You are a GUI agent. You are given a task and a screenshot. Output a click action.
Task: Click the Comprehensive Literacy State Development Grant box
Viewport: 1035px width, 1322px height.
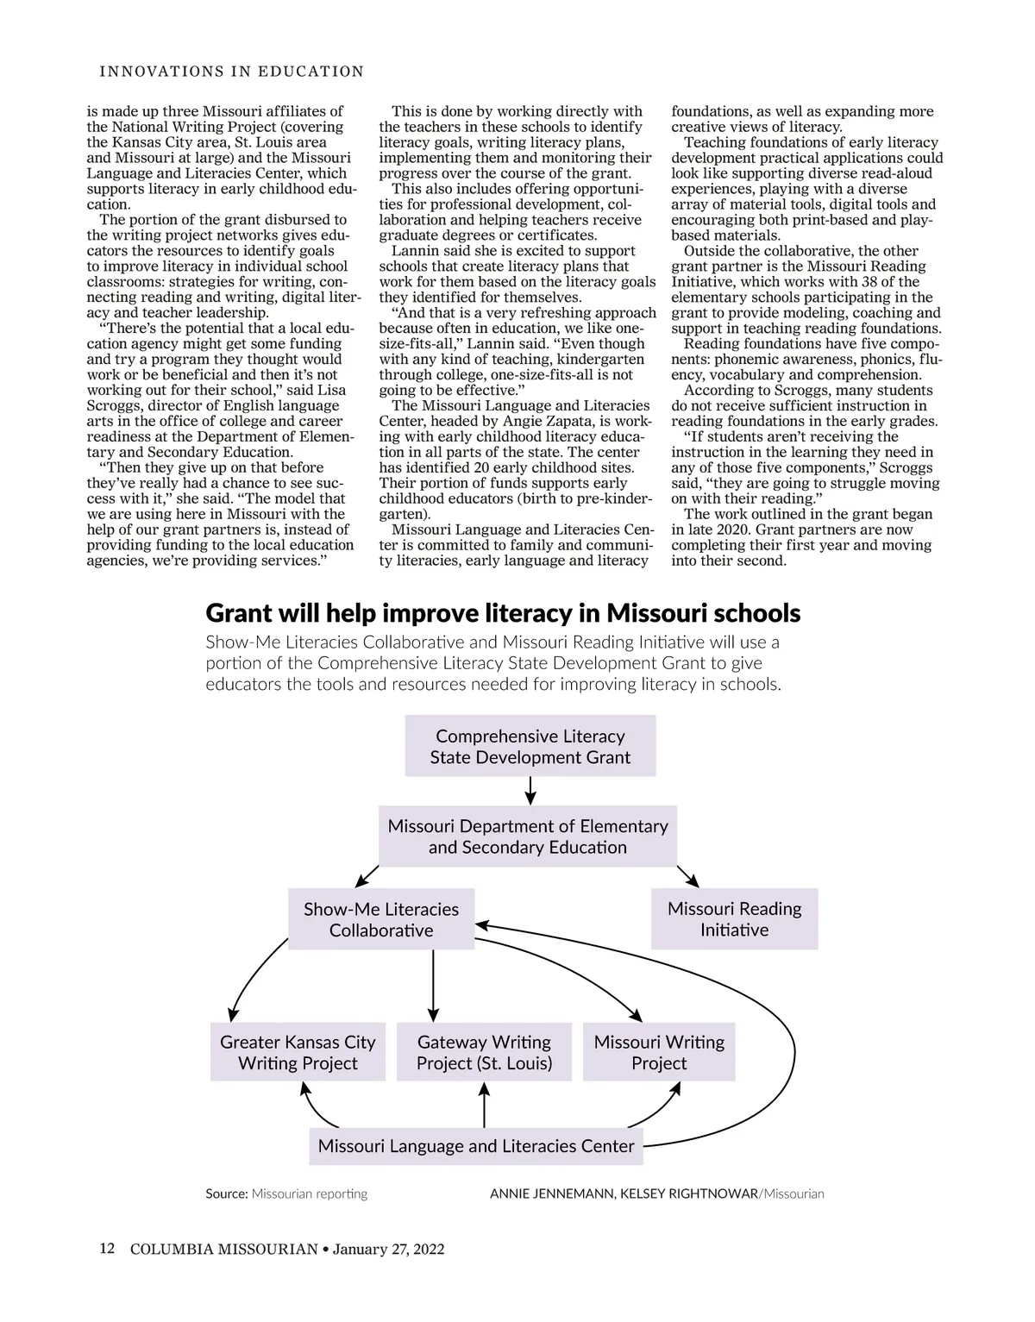(530, 747)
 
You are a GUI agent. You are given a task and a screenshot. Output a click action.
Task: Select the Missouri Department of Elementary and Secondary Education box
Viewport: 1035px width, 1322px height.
(528, 836)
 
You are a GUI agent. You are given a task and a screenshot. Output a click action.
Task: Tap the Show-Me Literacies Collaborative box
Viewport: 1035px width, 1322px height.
(380, 919)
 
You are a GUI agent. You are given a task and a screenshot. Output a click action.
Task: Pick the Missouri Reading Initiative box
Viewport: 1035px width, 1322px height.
(734, 919)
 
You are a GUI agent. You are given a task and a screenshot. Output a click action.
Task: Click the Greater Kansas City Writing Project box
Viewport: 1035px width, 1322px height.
(298, 1052)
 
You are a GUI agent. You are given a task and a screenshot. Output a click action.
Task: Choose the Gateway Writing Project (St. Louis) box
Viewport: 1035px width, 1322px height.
(484, 1052)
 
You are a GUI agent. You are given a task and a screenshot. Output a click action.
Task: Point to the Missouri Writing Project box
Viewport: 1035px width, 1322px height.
(659, 1052)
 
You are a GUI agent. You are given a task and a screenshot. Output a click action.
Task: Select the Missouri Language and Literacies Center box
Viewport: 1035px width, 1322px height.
(476, 1146)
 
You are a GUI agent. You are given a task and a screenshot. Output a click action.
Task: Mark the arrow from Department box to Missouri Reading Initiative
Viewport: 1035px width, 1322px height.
(687, 876)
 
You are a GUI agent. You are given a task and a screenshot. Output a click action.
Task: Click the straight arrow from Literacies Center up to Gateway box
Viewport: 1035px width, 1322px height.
(484, 1106)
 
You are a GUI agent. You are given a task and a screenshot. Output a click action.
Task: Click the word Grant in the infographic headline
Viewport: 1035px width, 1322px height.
(238, 613)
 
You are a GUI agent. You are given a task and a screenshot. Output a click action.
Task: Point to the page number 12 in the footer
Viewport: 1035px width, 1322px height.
(107, 1249)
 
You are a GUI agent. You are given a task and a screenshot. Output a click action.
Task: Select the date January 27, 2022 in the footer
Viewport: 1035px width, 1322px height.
(388, 1249)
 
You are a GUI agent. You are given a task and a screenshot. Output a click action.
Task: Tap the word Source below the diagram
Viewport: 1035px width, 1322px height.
(226, 1194)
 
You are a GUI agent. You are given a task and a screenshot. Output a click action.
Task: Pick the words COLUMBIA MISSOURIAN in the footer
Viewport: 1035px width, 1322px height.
(224, 1249)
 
